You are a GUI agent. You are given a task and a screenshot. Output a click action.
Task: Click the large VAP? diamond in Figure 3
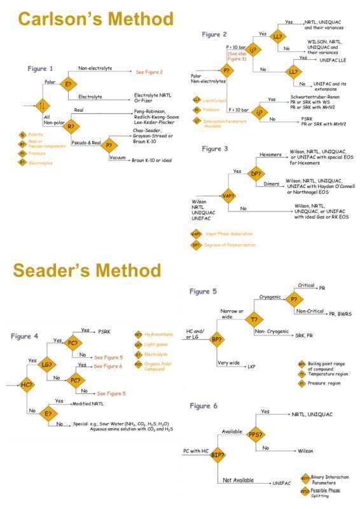click(x=228, y=197)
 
